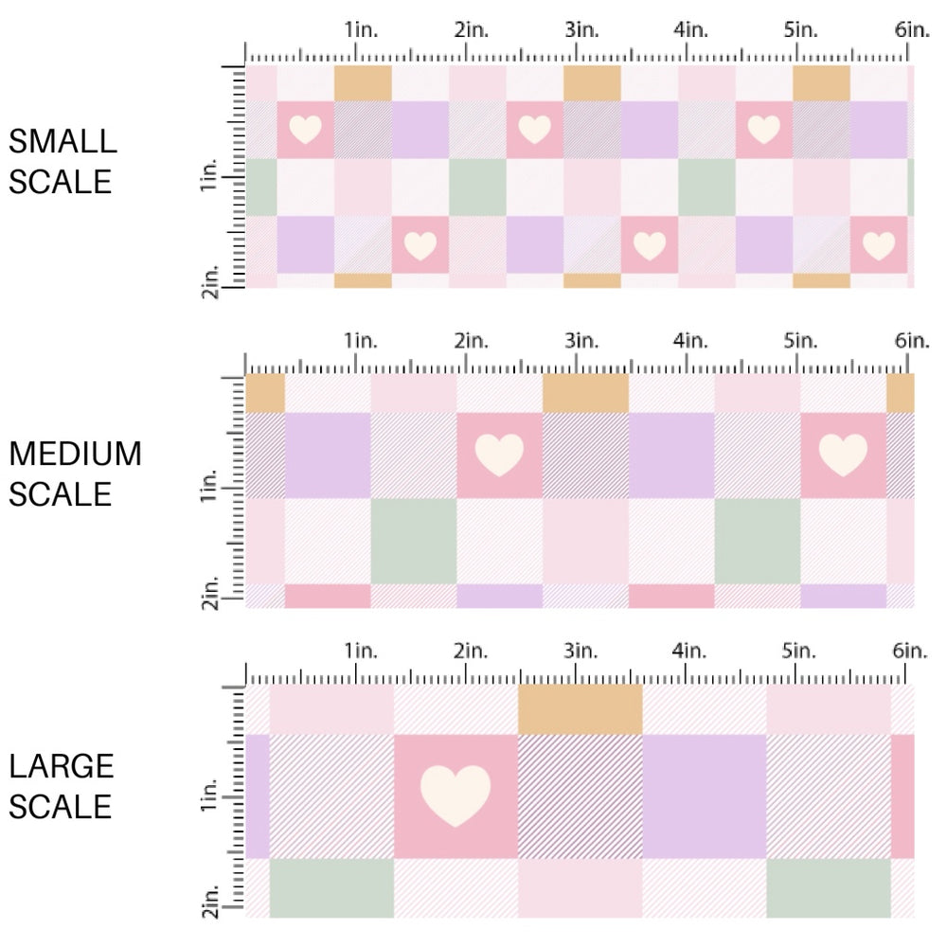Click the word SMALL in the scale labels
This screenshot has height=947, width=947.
pyautogui.click(x=63, y=141)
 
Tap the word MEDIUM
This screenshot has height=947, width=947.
pyautogui.click(x=76, y=455)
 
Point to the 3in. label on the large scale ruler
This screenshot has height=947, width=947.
pyautogui.click(x=580, y=652)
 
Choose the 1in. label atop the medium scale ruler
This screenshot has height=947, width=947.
pyautogui.click(x=360, y=340)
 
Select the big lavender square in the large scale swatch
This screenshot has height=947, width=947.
pyautogui.click(x=704, y=795)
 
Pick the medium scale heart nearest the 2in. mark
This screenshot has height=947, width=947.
pyautogui.click(x=499, y=455)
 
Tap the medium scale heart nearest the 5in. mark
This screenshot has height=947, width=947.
pyautogui.click(x=842, y=455)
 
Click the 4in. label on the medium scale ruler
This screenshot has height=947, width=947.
pyautogui.click(x=689, y=340)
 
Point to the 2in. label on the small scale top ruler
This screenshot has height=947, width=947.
pyautogui.click(x=470, y=29)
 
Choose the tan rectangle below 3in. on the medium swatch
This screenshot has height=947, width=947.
pyautogui.click(x=584, y=393)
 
